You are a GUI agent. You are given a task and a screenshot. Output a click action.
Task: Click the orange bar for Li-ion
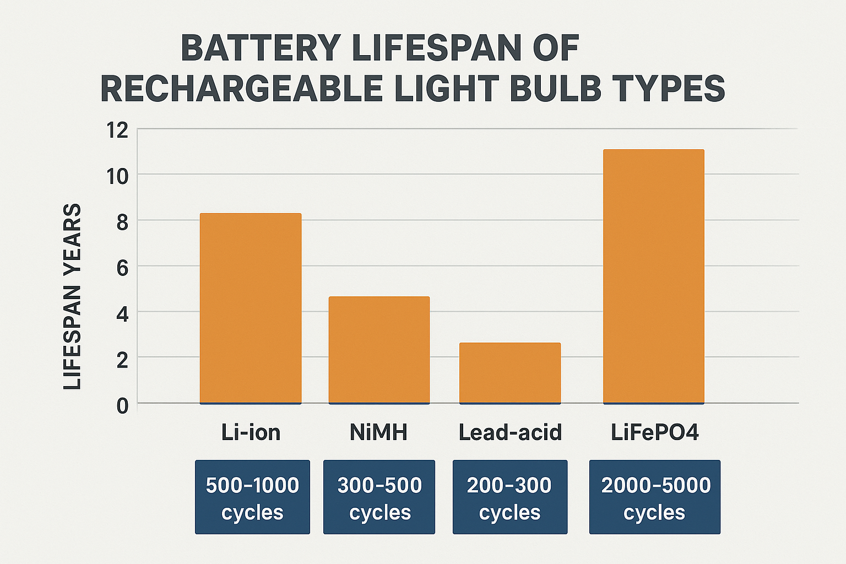(x=251, y=308)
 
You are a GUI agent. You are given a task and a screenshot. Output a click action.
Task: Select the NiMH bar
(x=379, y=350)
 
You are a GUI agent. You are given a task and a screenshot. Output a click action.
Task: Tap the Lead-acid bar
(x=510, y=373)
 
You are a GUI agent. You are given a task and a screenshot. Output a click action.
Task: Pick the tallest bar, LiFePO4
(x=654, y=276)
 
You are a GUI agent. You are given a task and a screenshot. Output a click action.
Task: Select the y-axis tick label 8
(x=122, y=222)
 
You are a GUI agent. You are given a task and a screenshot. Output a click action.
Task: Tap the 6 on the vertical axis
(x=122, y=268)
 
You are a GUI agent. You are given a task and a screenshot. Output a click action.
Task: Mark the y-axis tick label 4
(x=122, y=314)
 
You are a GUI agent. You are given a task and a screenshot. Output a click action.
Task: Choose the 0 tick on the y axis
(x=122, y=406)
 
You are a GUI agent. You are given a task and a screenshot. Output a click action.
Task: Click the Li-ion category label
(x=251, y=432)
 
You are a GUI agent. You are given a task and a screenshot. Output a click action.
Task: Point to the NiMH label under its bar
(x=379, y=432)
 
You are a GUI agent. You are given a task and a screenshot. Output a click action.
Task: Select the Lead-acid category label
(x=510, y=432)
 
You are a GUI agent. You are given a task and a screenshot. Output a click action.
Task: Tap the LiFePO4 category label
(x=655, y=432)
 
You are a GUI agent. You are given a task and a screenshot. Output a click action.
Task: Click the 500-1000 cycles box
(x=252, y=497)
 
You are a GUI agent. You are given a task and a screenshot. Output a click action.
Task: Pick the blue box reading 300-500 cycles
(x=379, y=497)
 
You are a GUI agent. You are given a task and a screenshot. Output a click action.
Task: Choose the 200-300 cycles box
(x=510, y=497)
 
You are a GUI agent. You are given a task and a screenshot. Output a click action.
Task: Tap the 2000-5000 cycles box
(x=655, y=497)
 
